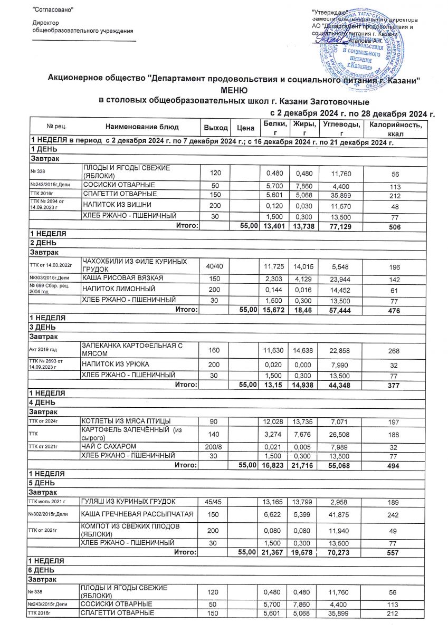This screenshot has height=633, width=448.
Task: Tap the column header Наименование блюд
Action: (142, 127)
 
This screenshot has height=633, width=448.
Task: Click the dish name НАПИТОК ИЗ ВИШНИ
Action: (113, 205)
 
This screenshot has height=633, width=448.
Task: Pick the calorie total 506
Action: (396, 226)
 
